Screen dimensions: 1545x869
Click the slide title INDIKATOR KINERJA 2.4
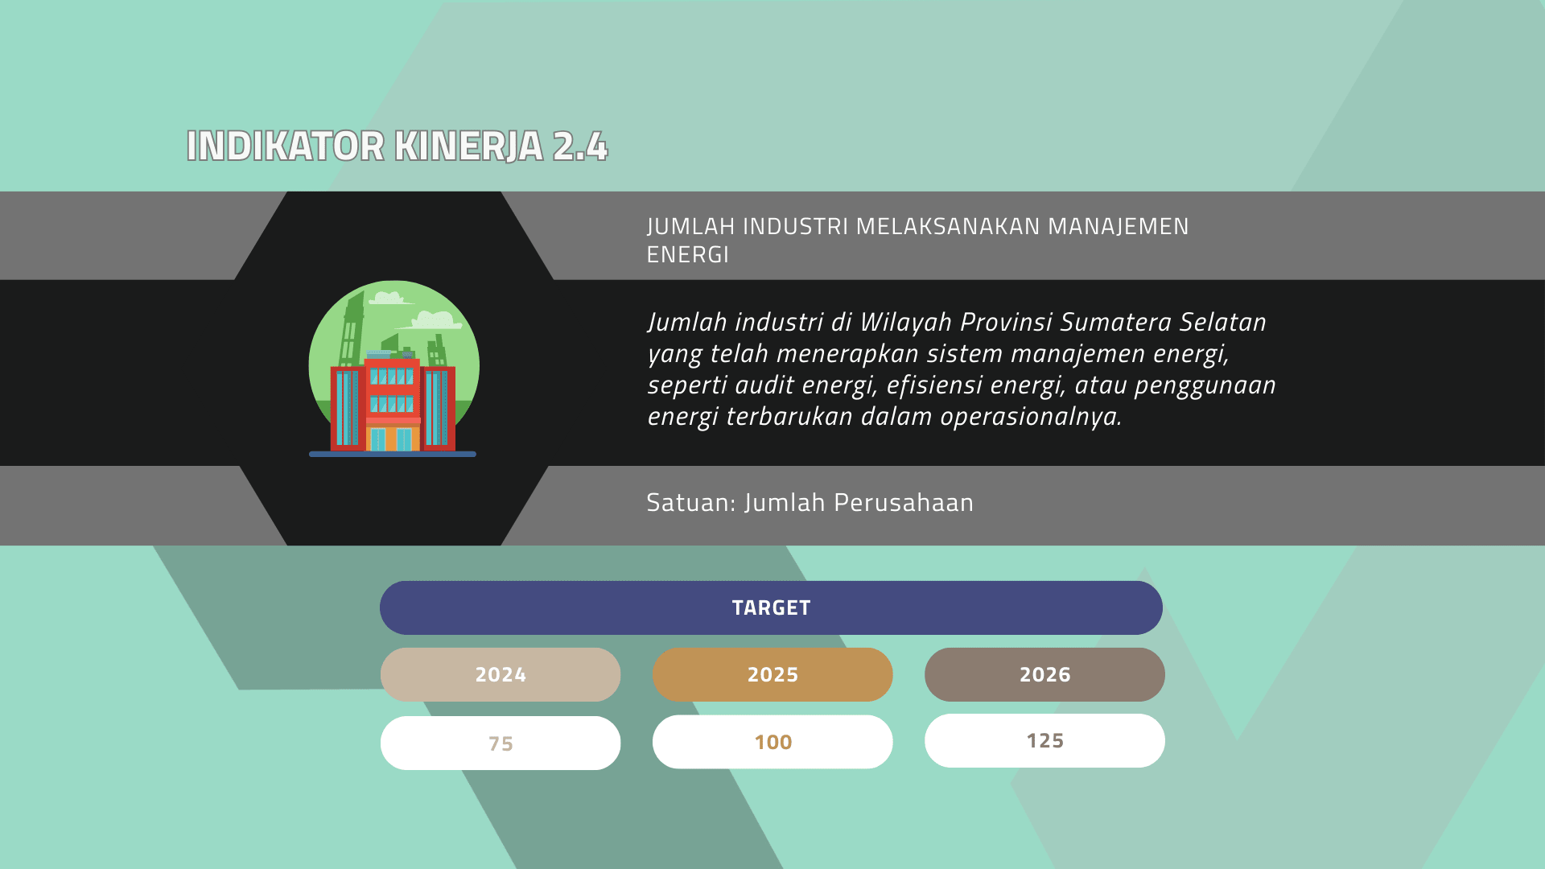pyautogui.click(x=397, y=146)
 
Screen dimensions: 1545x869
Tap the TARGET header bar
pyautogui.click(x=771, y=607)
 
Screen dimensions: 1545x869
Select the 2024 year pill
pyautogui.click(x=501, y=674)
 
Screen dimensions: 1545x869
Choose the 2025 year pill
pyautogui.click(x=772, y=674)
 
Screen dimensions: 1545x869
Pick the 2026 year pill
pyautogui.click(x=1044, y=674)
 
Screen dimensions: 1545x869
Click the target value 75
pyautogui.click(x=501, y=743)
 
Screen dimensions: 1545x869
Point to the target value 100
pyautogui.click(x=772, y=742)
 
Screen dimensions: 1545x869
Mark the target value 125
pyautogui.click(x=1044, y=740)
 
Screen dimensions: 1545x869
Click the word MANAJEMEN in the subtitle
pyautogui.click(x=1119, y=227)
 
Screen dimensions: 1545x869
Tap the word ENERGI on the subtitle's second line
pyautogui.click(x=688, y=255)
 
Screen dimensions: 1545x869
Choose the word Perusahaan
pyautogui.click(x=904, y=502)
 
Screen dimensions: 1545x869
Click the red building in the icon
pyautogui.click(x=393, y=404)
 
